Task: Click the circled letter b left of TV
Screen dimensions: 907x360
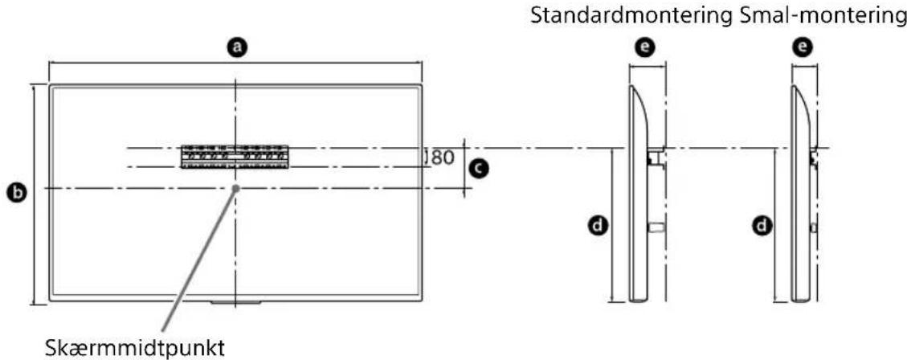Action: [14, 194]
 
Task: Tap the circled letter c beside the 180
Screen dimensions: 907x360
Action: [480, 167]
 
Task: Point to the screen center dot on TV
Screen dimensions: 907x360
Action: [235, 188]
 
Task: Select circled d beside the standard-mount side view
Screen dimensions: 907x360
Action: [597, 227]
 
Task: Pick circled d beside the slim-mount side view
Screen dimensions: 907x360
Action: [758, 227]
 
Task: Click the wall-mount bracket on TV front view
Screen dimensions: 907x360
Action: [233, 156]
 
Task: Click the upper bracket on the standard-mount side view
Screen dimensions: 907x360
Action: [655, 157]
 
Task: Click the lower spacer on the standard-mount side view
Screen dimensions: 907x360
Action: [655, 228]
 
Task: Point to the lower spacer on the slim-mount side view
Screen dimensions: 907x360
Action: [814, 228]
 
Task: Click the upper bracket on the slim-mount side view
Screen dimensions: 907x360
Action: [815, 157]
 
